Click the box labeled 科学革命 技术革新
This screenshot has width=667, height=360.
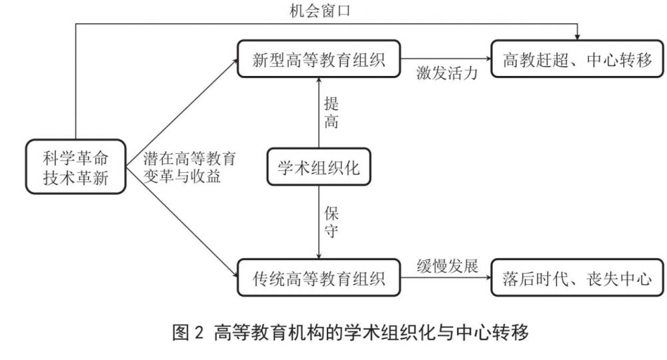[x=75, y=167]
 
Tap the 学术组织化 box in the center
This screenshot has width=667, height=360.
[x=318, y=167]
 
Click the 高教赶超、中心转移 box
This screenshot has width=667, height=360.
[x=578, y=61]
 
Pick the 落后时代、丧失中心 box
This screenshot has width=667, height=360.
[x=578, y=278]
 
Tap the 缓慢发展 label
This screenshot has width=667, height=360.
[x=448, y=264]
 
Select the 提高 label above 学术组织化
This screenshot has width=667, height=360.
[x=331, y=112]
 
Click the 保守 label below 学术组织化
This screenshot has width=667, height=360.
[x=331, y=221]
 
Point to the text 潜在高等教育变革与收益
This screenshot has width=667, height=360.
[x=190, y=167]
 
